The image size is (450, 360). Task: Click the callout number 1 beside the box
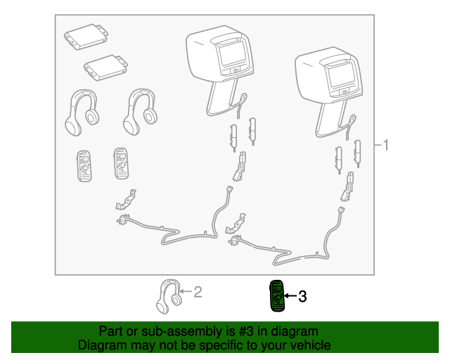click(386, 145)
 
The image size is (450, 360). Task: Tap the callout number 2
click(198, 292)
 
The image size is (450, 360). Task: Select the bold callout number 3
click(302, 296)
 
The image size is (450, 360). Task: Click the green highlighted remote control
click(277, 296)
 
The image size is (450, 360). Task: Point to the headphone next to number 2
click(169, 296)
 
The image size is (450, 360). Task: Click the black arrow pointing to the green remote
click(290, 296)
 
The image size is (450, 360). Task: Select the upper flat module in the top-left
click(86, 37)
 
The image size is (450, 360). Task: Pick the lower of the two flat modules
click(105, 67)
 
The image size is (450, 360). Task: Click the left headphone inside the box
click(82, 112)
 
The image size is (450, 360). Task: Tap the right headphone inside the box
click(140, 111)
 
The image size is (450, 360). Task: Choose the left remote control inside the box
click(84, 166)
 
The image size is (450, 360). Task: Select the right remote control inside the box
click(121, 163)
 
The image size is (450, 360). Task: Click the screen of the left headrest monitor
click(233, 54)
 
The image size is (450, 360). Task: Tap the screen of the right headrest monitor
click(342, 76)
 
